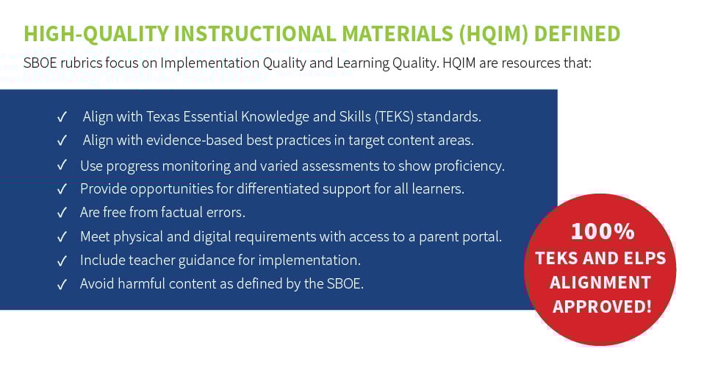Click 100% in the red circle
[602, 232]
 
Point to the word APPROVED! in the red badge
[602, 306]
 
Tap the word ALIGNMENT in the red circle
[600, 282]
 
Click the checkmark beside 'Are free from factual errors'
[62, 213]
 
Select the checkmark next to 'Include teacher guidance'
[62, 261]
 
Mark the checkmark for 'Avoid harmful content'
[62, 284]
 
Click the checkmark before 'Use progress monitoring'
[62, 166]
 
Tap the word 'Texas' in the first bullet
[167, 117]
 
